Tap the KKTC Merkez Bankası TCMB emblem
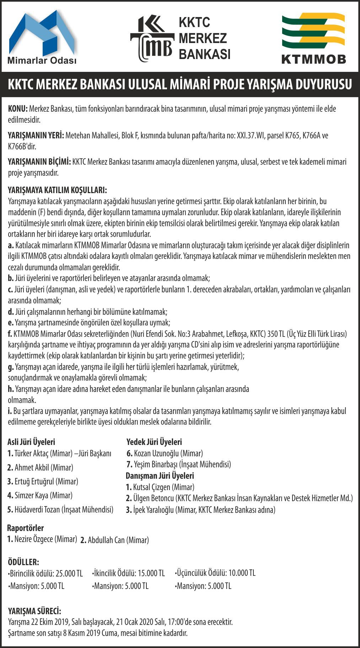[152, 38]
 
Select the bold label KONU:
[18, 109]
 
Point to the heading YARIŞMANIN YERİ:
[36, 136]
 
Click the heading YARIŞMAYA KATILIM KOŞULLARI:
[57, 190]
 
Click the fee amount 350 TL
[276, 334]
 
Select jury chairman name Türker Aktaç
[32, 453]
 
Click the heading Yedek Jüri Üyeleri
[154, 442]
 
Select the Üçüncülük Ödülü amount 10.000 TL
[242, 573]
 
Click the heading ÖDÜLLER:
[23, 562]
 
